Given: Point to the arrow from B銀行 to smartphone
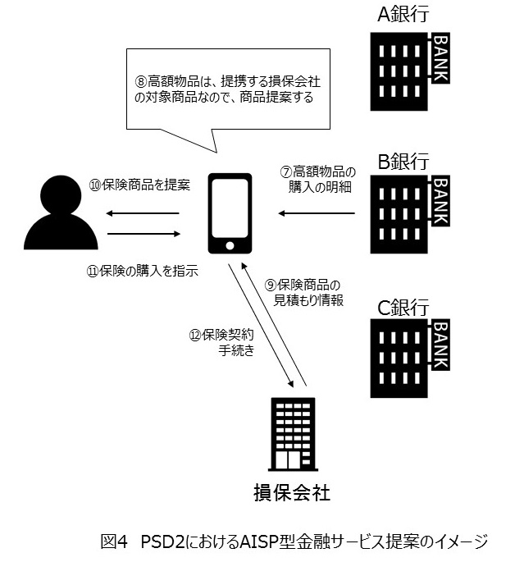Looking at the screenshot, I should point(316,213).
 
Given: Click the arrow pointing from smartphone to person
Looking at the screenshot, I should point(143,213).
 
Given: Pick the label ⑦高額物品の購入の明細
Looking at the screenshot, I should point(319,180).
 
